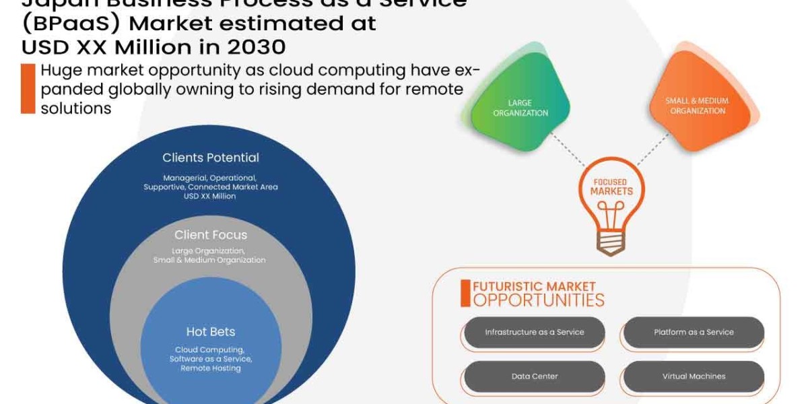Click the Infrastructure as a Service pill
534,333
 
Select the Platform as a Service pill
694,333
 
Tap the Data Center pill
534,376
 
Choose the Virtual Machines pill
694,376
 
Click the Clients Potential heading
210,158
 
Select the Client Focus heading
210,235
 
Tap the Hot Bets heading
210,331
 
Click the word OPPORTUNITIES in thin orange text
539,300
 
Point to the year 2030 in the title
256,47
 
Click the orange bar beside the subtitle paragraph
28,88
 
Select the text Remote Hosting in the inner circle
210,368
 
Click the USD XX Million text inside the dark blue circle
210,196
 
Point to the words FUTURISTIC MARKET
534,286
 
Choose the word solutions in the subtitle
75,108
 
